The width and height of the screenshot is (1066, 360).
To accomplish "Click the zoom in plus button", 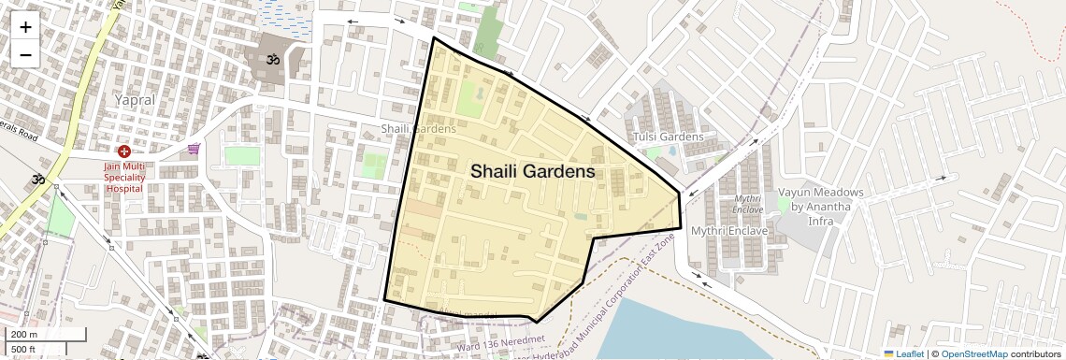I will tap(25, 26).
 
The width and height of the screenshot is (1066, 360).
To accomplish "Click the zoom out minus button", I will tap(25, 54).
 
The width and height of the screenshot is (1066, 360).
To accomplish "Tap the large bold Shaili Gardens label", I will tap(532, 172).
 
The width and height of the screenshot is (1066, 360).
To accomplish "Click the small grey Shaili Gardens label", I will tap(418, 128).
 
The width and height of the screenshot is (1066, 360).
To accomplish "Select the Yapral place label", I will tap(135, 99).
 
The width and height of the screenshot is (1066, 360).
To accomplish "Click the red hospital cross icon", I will tap(123, 151).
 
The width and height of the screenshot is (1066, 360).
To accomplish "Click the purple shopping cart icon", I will tap(194, 148).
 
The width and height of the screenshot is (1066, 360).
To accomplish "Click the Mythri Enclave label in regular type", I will tap(728, 230).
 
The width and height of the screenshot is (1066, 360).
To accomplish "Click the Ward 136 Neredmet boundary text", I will tap(500, 342).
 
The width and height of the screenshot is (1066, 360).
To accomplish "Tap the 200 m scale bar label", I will tap(24, 335).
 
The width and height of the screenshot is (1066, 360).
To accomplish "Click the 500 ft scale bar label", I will tap(24, 350).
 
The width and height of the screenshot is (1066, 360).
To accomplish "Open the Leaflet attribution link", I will tap(903, 354).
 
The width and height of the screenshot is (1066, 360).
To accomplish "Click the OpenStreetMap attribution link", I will tap(973, 354).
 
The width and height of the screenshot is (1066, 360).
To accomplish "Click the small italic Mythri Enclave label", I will tap(747, 204).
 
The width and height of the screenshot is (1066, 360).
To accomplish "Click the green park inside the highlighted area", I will tap(471, 98).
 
